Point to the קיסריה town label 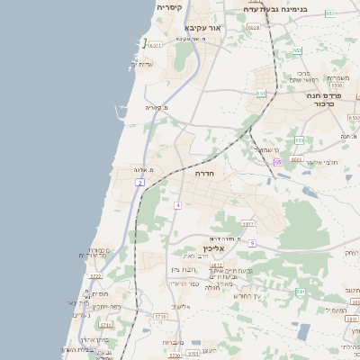click(170, 7)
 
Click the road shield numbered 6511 click(156, 45)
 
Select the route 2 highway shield click(140, 183)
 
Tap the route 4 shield click(178, 205)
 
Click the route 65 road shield click(278, 162)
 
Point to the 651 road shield click(261, 93)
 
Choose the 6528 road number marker click(254, 28)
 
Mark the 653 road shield click(329, 13)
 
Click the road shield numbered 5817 click(248, 223)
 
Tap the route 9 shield click(253, 243)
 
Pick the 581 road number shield click(301, 292)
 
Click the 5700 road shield click(175, 355)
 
